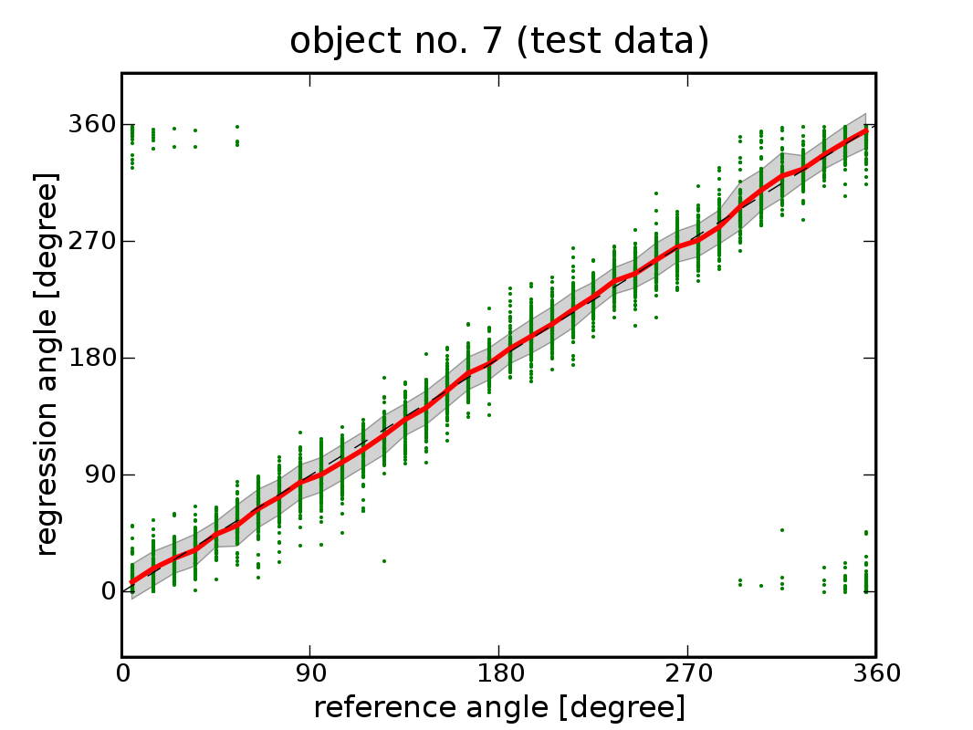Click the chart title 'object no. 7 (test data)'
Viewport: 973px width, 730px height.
coord(499,41)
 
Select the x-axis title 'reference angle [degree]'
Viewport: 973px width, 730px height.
coord(498,707)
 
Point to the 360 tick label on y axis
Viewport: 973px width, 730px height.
coord(90,124)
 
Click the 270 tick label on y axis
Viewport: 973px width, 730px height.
coord(90,241)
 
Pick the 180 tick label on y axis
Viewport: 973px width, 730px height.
coord(90,358)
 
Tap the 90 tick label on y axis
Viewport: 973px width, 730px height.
coord(97,474)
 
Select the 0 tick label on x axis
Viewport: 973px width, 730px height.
coord(122,674)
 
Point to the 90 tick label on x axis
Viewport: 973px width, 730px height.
coord(310,674)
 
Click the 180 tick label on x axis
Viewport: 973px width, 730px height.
coord(498,674)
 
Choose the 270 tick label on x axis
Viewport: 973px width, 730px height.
coord(687,674)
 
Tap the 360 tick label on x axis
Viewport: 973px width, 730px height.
coord(875,674)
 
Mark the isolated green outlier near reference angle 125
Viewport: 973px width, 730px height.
coord(384,560)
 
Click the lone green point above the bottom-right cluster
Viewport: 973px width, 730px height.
coord(782,530)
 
